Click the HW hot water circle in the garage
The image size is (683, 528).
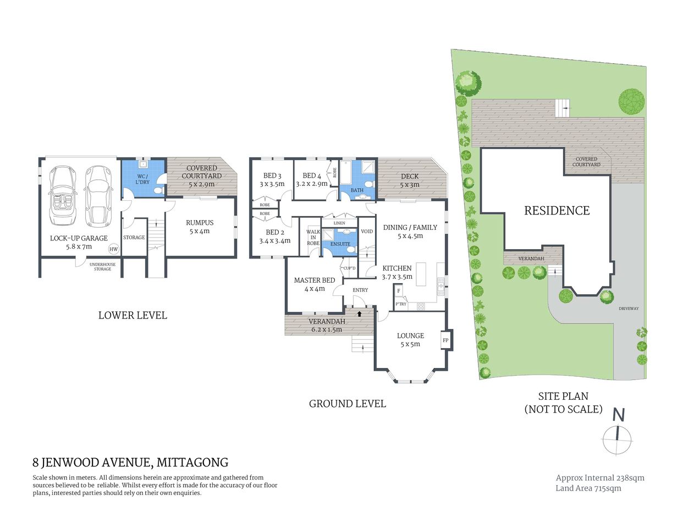tap(113, 249)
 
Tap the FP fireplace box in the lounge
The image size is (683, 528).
tap(445, 340)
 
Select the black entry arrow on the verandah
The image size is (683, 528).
tap(360, 313)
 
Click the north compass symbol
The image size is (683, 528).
tap(618, 434)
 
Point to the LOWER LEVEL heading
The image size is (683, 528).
tap(133, 315)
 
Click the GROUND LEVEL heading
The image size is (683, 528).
tap(347, 404)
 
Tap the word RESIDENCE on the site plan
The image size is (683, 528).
tap(557, 211)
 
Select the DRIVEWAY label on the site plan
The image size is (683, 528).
tap(629, 309)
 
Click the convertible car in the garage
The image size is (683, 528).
tap(64, 196)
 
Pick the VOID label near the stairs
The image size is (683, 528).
tap(367, 232)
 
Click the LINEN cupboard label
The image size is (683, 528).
tap(339, 223)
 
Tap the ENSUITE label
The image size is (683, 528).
tap(340, 244)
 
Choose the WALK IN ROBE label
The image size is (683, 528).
tap(313, 238)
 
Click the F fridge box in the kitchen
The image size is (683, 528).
tap(398, 290)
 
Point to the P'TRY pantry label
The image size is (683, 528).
tap(401, 304)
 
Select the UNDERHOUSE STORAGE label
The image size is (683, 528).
tap(102, 267)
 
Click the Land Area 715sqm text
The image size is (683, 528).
tap(588, 488)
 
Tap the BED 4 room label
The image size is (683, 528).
tap(312, 176)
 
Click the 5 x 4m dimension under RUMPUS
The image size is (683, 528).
tap(200, 231)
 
